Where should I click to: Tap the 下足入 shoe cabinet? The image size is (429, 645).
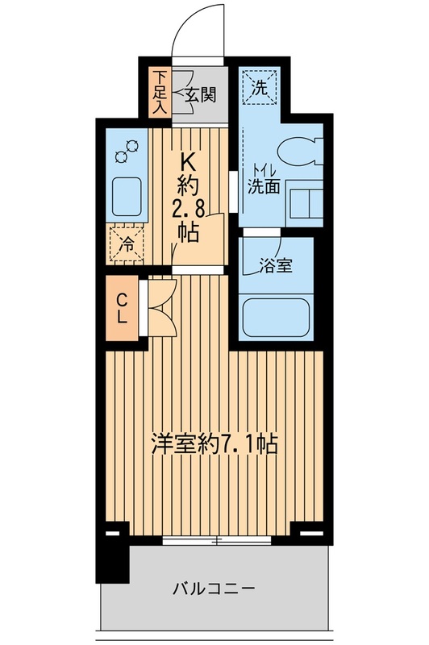coord(160,93)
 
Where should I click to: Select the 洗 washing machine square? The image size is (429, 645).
coord(262,85)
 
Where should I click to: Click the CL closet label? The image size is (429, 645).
coord(121,308)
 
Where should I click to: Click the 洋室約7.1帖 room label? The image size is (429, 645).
coord(215,443)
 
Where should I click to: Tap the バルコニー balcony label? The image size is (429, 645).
coord(214,589)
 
